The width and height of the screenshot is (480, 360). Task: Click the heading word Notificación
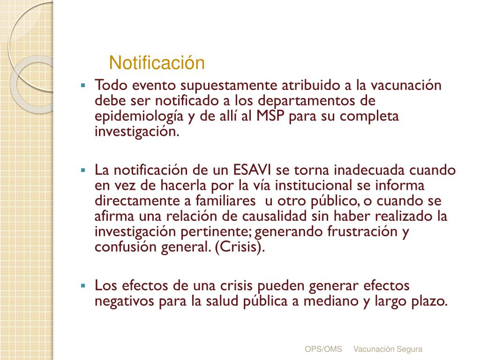click(157, 63)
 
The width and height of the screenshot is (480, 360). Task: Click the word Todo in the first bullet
click(108, 85)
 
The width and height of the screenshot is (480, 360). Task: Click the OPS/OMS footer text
click(323, 349)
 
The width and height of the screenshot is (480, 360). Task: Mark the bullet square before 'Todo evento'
click(83, 86)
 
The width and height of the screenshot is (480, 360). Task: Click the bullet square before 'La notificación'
click(83, 170)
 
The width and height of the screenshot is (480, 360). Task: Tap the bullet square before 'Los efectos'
click(83, 285)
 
